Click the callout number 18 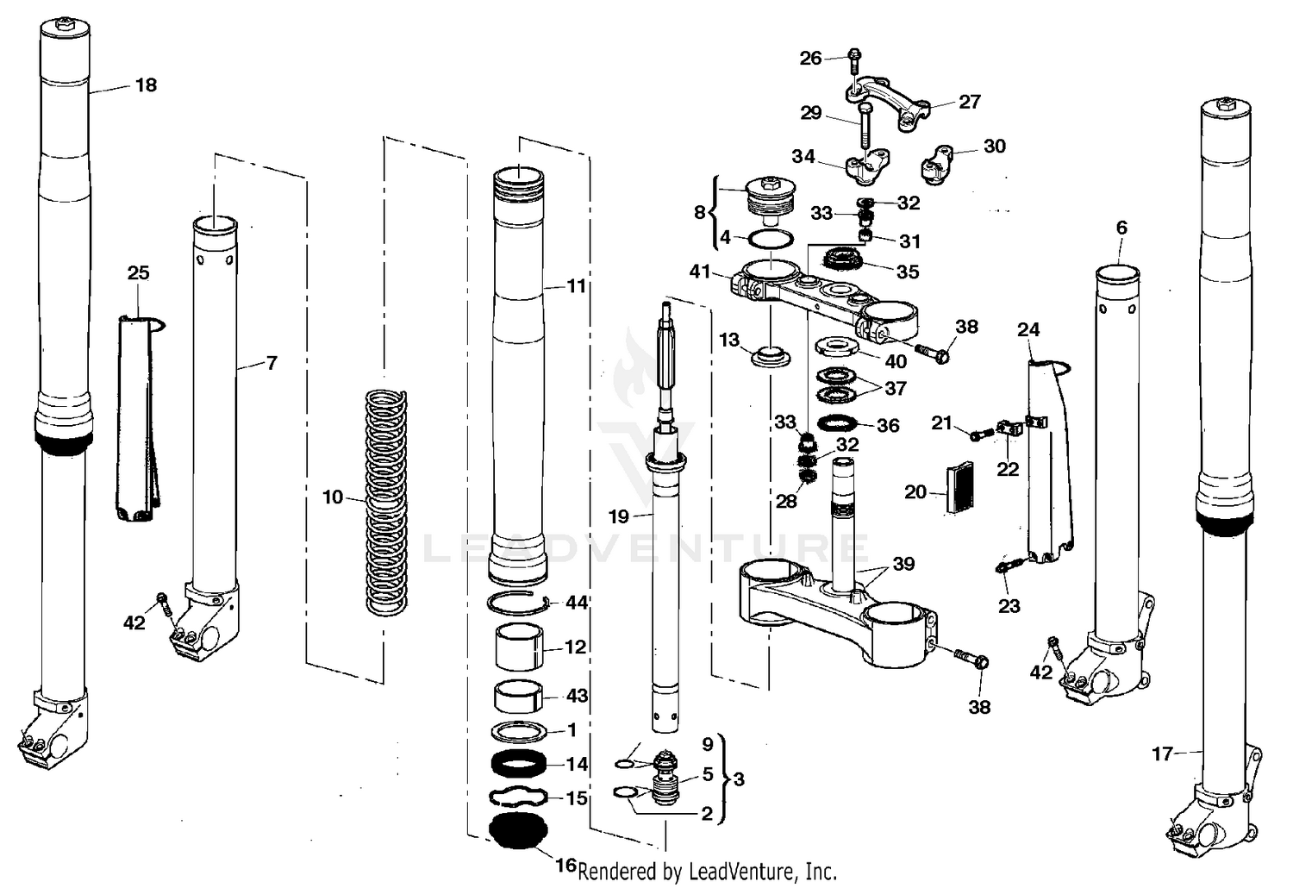point(146,84)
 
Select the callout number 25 point(138,273)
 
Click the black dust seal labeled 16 point(518,830)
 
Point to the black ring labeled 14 point(518,764)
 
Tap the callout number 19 point(619,517)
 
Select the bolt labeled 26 point(853,59)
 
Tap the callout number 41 point(701,272)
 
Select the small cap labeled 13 point(766,355)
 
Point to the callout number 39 point(903,564)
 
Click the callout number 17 point(1162,754)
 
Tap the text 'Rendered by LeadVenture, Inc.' point(707,871)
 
